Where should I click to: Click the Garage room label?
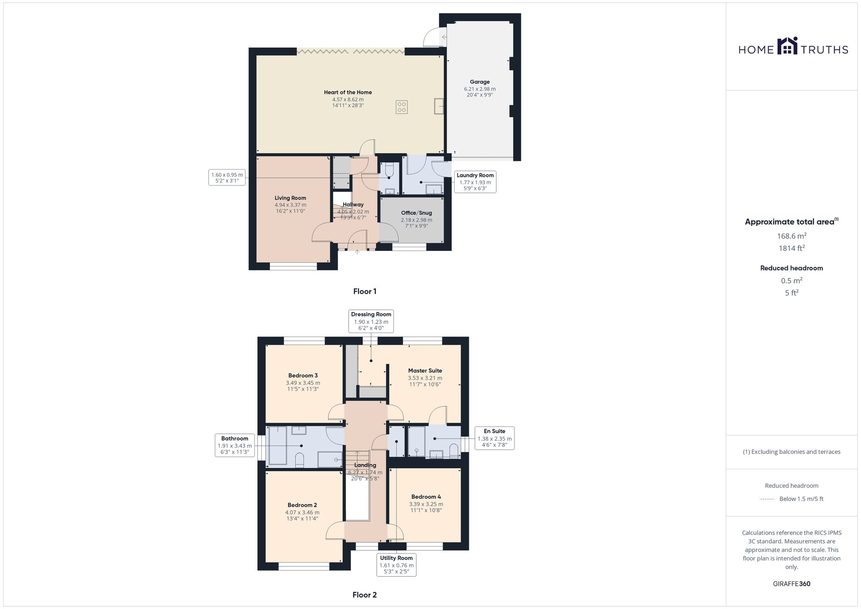pyautogui.click(x=480, y=82)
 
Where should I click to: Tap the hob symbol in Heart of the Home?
pyautogui.click(x=402, y=107)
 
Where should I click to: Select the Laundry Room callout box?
pyautogui.click(x=475, y=182)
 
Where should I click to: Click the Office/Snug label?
pyautogui.click(x=416, y=213)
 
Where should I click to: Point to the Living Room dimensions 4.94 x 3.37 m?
pyautogui.click(x=291, y=205)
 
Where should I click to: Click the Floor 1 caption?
pyautogui.click(x=365, y=291)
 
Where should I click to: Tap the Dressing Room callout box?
pyautogui.click(x=371, y=321)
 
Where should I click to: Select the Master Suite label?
pyautogui.click(x=425, y=371)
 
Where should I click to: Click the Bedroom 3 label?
pyautogui.click(x=303, y=375)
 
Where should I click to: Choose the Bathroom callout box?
pyautogui.click(x=235, y=445)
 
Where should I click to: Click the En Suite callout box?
pyautogui.click(x=494, y=438)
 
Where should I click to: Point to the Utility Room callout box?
pyautogui.click(x=396, y=565)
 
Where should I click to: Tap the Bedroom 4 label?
pyautogui.click(x=426, y=497)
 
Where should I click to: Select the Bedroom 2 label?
pyautogui.click(x=302, y=505)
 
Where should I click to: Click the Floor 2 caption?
pyautogui.click(x=365, y=595)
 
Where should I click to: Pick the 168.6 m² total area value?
pyautogui.click(x=791, y=236)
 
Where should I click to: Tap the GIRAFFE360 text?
pyautogui.click(x=791, y=584)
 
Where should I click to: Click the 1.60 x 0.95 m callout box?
pyautogui.click(x=227, y=177)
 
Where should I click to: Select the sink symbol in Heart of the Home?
pyautogui.click(x=439, y=106)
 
